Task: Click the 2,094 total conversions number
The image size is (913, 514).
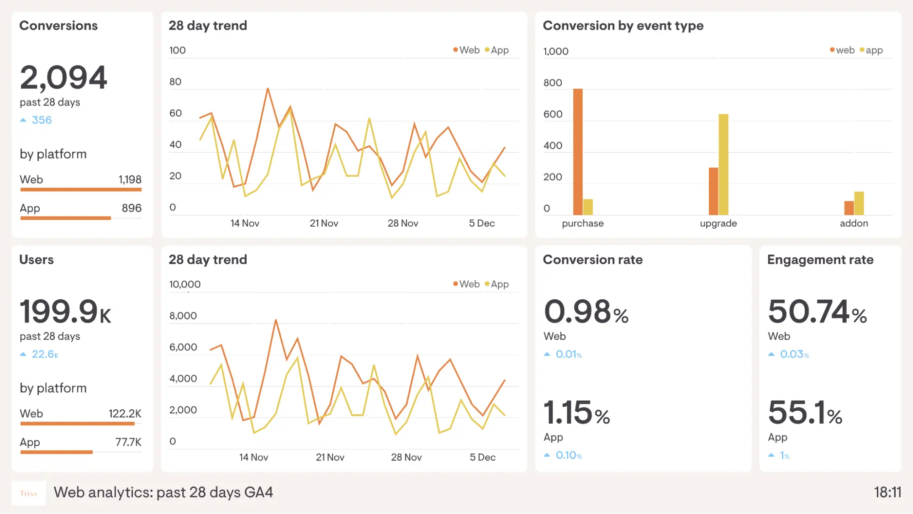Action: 63,77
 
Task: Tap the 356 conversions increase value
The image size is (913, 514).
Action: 42,120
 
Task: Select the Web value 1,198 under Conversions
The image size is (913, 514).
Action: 130,180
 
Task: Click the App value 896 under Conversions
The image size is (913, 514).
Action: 132,208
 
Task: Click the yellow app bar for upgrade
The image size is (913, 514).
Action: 723,164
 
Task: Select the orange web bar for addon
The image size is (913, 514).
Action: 849,208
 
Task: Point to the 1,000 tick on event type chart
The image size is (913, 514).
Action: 556,51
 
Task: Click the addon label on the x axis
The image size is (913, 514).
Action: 854,223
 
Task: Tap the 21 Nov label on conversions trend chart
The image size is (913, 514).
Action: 324,223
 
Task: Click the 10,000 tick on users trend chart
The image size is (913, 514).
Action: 185,284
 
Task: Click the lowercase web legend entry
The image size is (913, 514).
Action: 844,50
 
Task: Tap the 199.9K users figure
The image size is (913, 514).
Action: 65,312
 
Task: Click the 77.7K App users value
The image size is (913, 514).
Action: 128,442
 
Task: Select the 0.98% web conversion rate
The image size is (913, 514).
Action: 586,312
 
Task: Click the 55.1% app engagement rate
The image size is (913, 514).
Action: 805,413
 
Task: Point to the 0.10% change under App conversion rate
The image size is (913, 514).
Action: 568,456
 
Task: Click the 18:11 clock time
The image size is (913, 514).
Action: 887,493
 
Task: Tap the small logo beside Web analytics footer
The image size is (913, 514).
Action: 28,493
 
